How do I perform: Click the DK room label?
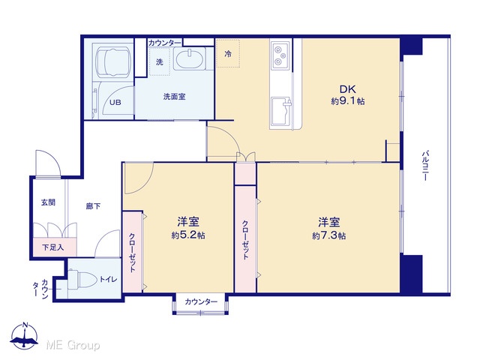[348, 89]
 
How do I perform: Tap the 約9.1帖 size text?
[348, 101]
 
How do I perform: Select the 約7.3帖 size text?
[329, 235]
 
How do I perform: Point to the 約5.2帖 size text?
[188, 235]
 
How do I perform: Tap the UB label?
[115, 102]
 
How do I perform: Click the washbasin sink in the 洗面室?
[188, 59]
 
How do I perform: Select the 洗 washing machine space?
[160, 61]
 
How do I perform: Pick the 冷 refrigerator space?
[228, 53]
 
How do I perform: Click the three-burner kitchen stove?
[280, 56]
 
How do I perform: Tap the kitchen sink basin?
[280, 111]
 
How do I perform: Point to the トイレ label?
[108, 279]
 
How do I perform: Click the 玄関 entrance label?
[48, 202]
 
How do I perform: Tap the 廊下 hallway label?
[93, 206]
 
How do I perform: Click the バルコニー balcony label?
[425, 165]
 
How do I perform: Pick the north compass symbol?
[24, 336]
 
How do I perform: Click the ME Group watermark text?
[73, 345]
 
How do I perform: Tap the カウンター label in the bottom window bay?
[201, 301]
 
